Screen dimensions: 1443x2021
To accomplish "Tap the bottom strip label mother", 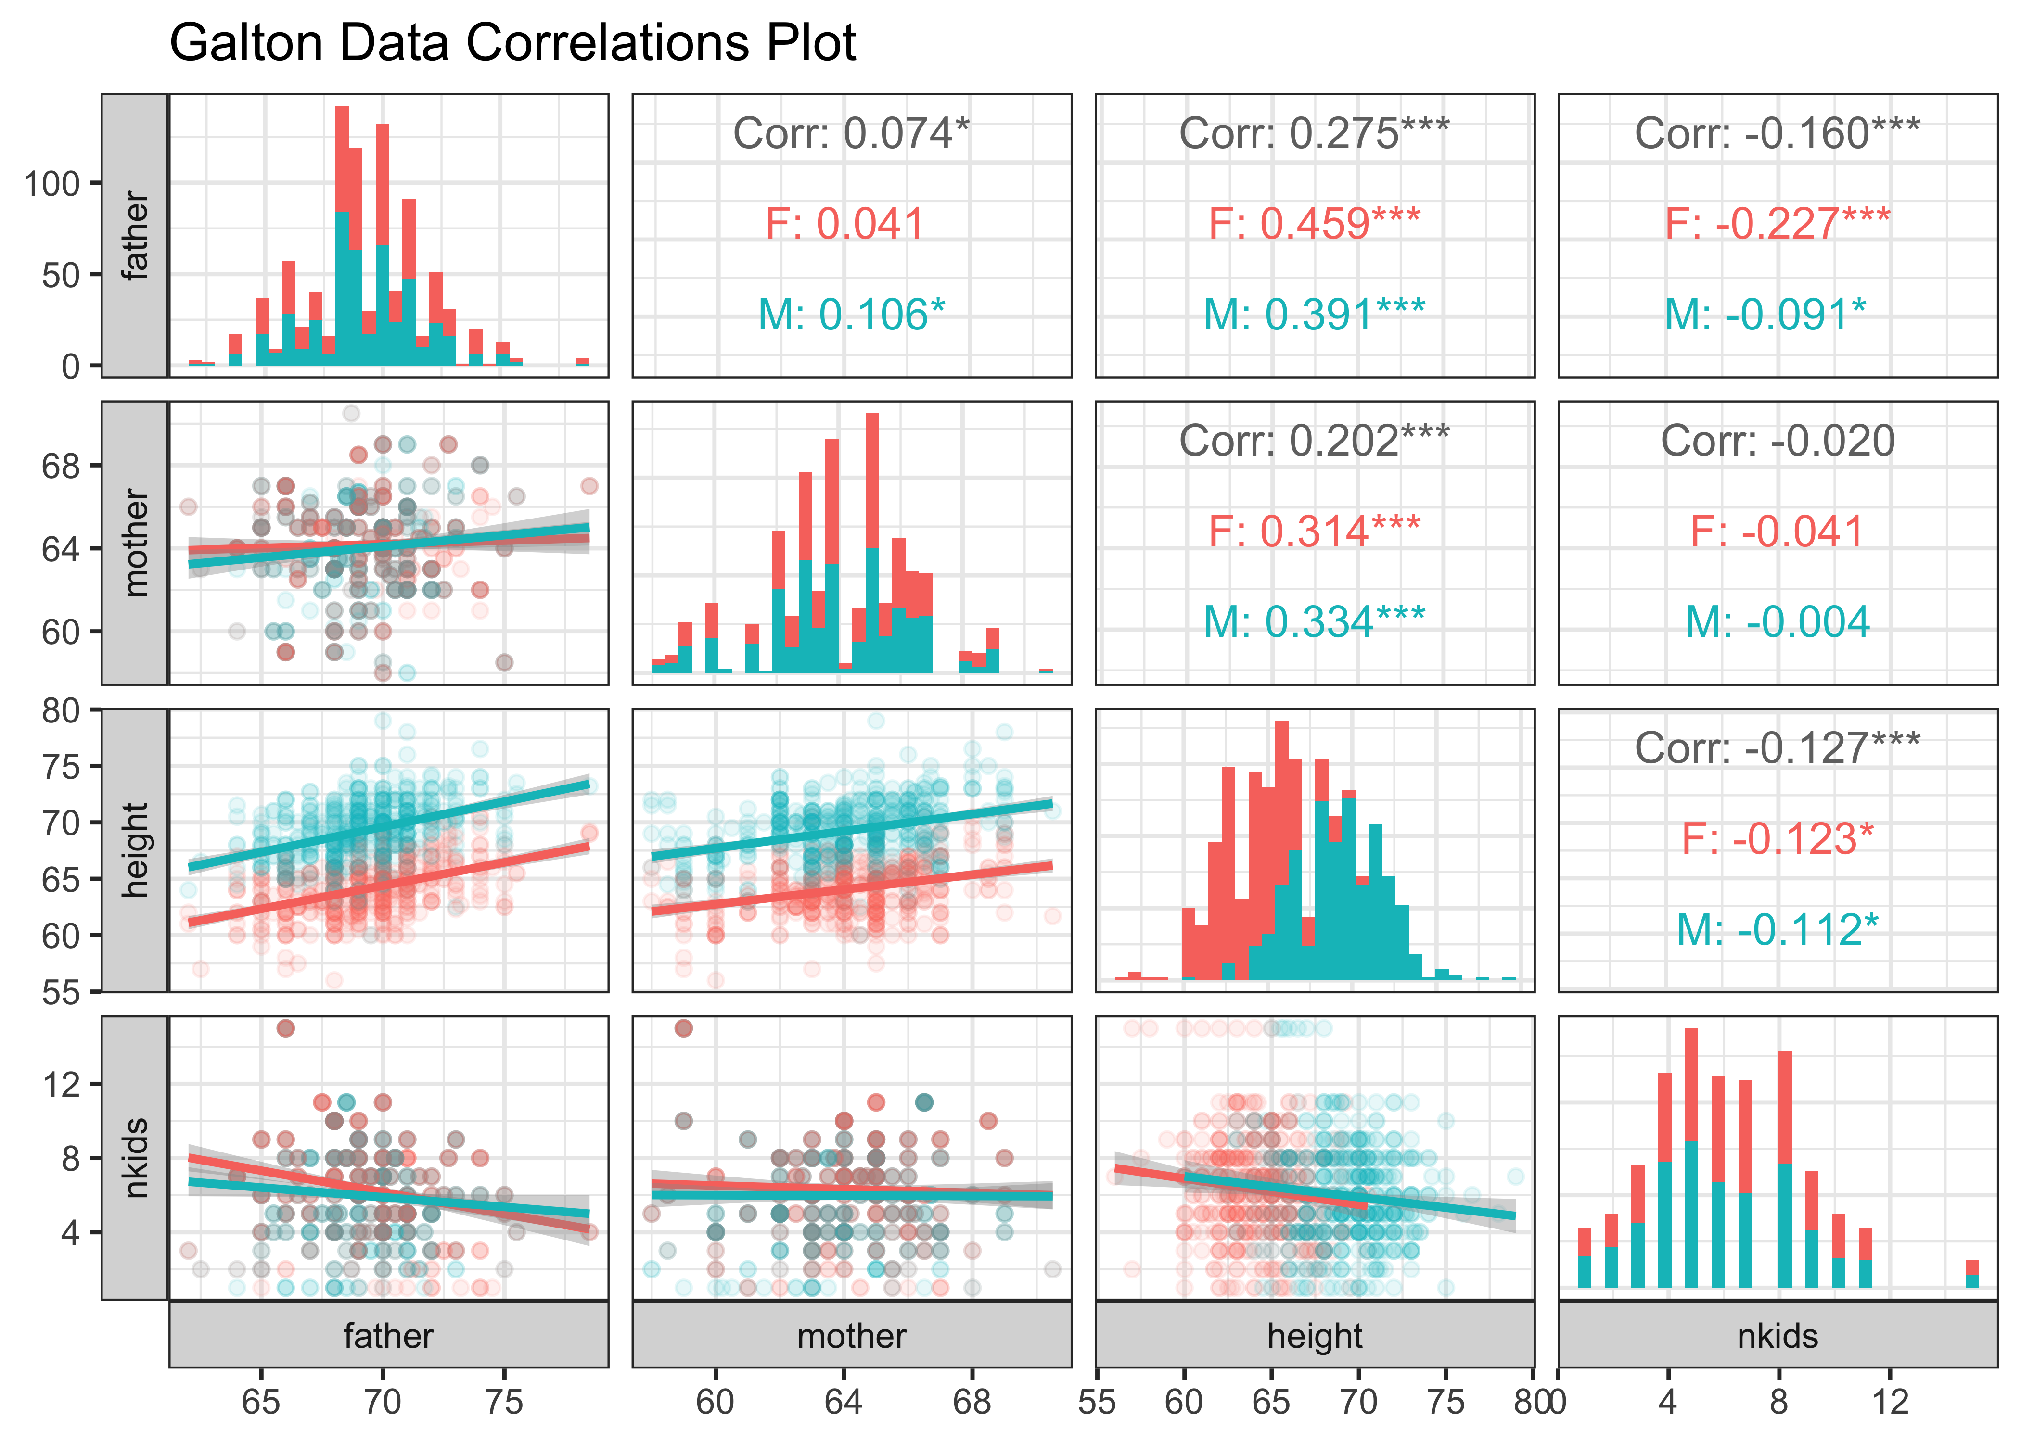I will click(851, 1335).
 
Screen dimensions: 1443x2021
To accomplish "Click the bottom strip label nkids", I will click(1778, 1335).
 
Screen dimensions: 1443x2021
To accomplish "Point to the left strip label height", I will click(135, 850).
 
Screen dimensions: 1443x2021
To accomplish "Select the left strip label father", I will click(135, 236).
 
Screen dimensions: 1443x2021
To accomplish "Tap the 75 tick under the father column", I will click(504, 1402).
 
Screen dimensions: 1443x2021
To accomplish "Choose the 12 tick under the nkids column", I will click(1890, 1402).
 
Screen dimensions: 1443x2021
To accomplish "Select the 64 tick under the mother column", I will click(843, 1402).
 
